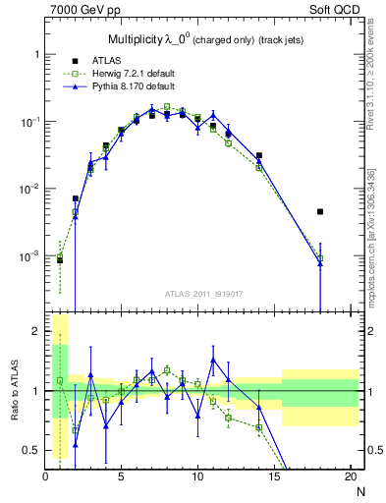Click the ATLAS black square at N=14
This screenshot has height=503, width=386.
point(259,155)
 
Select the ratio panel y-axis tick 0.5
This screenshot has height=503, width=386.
point(32,450)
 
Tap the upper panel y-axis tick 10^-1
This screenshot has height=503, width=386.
point(29,122)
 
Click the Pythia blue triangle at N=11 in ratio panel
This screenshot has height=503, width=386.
point(213,360)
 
